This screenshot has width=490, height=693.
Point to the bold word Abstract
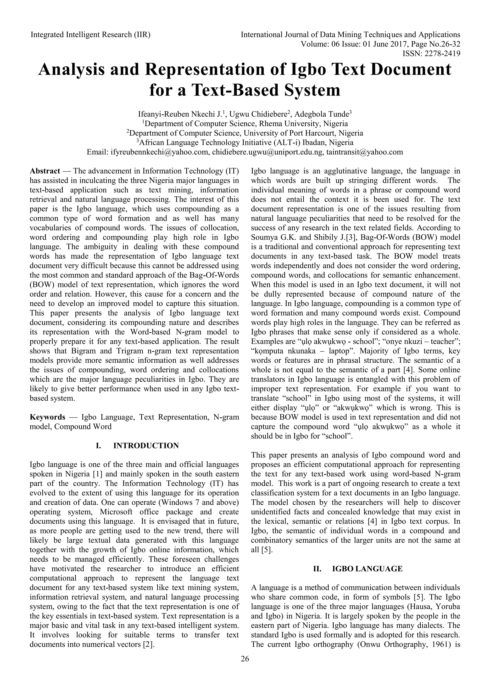point(45,171)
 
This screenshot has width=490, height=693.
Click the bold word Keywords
point(47,417)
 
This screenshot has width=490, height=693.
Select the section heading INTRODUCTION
point(146,445)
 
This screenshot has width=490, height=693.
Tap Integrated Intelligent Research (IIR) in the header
point(90,35)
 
